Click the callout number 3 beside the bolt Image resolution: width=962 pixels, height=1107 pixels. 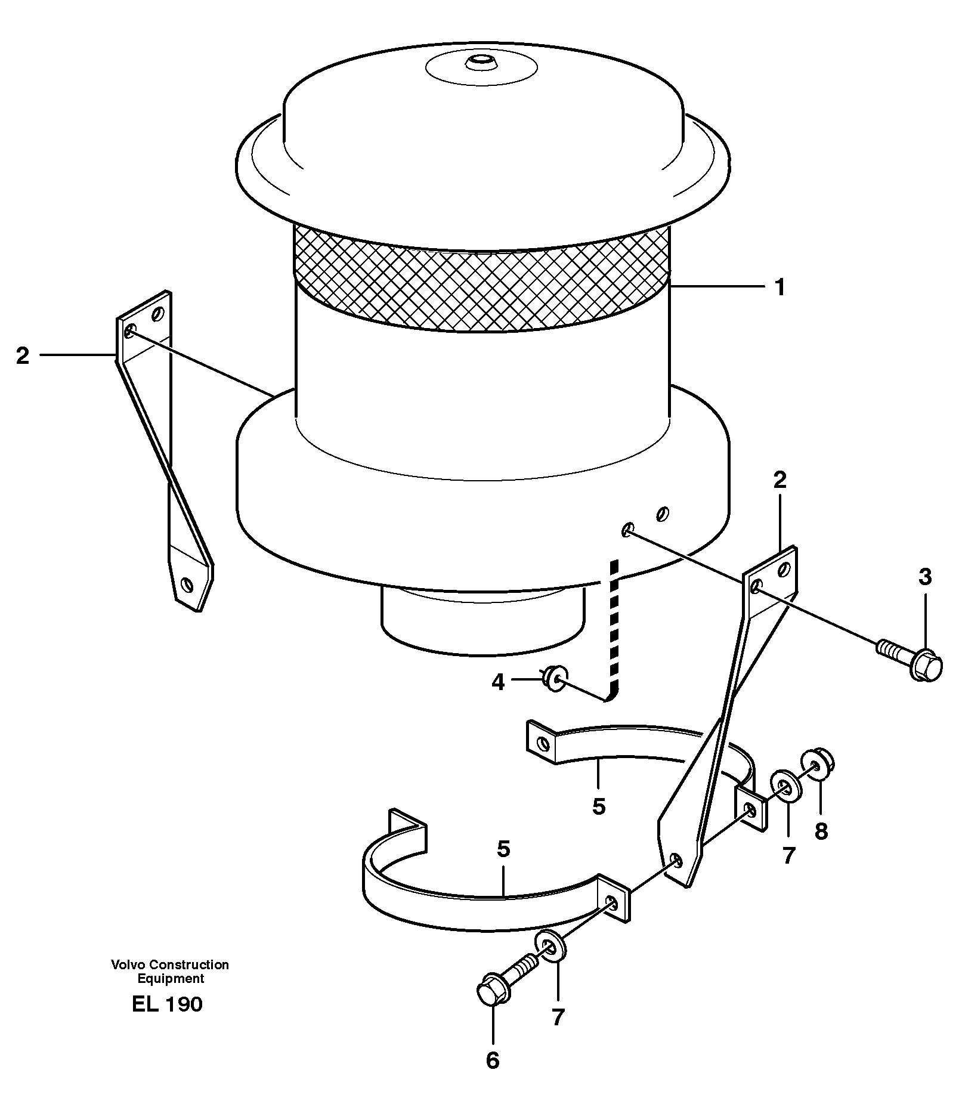pos(924,577)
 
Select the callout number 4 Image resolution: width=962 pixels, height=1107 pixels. pos(497,682)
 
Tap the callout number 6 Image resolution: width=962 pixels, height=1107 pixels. pos(492,1060)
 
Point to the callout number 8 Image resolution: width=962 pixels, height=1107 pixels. pos(821,831)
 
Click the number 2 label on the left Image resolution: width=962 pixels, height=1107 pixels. pos(22,356)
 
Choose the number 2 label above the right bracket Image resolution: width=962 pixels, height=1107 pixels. pos(780,480)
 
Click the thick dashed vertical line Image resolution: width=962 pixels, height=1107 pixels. pos(615,626)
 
